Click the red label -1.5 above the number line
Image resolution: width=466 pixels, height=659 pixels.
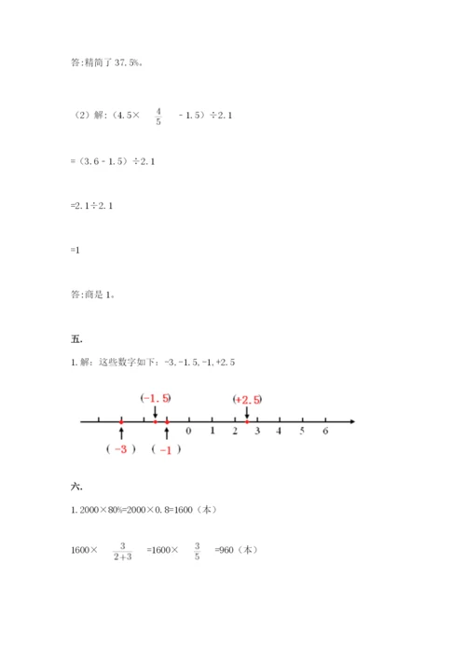(156, 398)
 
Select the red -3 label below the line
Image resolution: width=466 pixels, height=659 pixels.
(120, 448)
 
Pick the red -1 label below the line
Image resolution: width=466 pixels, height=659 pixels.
(166, 449)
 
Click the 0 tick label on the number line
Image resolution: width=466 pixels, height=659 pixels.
(189, 432)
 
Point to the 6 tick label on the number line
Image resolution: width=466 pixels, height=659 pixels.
(324, 432)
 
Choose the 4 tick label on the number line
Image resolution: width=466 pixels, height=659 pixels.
(279, 432)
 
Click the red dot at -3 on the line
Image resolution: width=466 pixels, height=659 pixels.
(121, 422)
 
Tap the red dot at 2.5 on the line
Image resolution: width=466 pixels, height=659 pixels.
(246, 422)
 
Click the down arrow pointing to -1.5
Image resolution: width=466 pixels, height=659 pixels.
(156, 412)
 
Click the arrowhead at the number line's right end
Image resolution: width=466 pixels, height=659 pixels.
(352, 422)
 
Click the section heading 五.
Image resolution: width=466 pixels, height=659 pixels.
(75, 338)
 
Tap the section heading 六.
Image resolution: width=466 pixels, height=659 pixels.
(75, 486)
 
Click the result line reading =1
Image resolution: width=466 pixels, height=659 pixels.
(75, 251)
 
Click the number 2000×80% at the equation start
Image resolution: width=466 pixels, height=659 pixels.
(101, 511)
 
